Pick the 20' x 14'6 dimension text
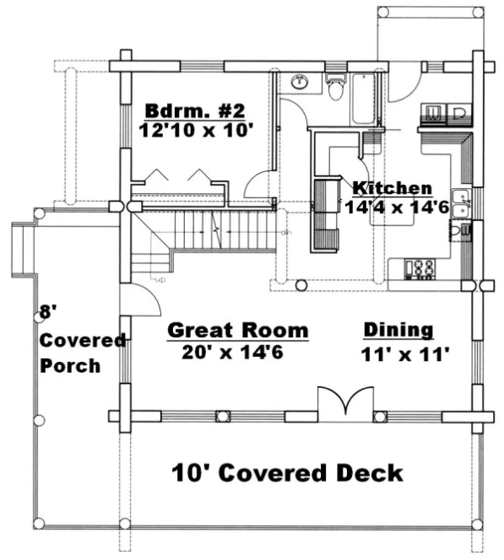pos(232,351)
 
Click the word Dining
pos(398,330)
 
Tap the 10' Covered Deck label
pos(287,472)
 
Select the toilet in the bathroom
pos(336,87)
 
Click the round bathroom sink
pos(300,83)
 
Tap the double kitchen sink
pos(461,202)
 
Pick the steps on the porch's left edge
pos(22,250)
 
